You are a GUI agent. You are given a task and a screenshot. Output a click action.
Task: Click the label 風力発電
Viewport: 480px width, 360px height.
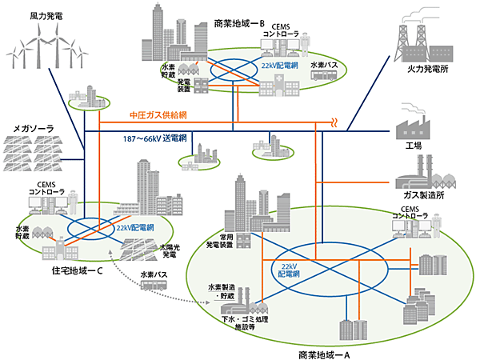coord(46,14)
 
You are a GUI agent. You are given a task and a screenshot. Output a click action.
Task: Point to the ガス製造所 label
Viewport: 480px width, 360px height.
coord(420,195)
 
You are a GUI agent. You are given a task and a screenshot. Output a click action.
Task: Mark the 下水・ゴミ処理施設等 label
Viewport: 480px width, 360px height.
coord(248,323)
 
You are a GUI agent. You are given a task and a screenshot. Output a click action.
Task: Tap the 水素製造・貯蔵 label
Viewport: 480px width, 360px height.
coord(223,291)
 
